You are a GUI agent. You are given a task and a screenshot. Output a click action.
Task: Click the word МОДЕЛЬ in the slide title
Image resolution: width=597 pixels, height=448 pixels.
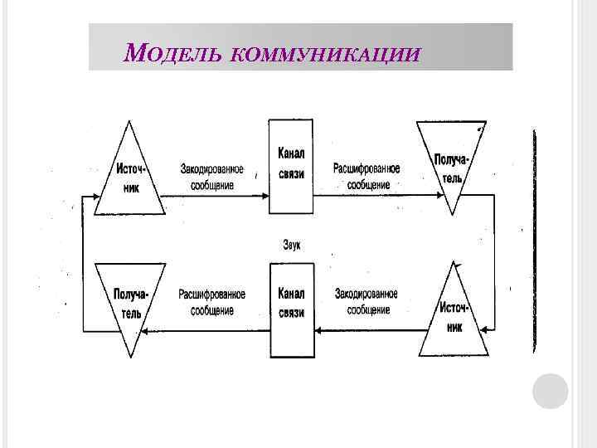[x=171, y=55]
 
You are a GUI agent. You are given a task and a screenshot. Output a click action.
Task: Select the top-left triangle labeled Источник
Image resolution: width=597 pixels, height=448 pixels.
[x=128, y=174]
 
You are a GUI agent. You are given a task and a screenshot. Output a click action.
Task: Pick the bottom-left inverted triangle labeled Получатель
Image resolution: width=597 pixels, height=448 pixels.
[x=128, y=303]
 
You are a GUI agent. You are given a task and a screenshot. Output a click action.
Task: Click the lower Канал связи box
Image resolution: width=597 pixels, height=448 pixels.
[x=290, y=309]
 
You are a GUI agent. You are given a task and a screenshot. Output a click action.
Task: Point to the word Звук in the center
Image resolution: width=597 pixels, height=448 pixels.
[x=291, y=245]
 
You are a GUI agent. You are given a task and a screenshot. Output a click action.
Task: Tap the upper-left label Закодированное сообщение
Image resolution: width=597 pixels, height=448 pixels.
[x=212, y=177]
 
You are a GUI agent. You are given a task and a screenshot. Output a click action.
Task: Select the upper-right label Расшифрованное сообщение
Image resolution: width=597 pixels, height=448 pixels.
[x=367, y=177]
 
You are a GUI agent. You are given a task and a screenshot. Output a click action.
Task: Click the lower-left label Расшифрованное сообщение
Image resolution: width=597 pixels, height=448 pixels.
[x=211, y=302]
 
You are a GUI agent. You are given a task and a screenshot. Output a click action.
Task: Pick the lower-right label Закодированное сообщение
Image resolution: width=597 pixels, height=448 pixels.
[x=366, y=302]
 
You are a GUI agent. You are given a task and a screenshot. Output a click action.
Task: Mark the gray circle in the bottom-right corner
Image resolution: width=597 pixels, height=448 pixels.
[x=550, y=391]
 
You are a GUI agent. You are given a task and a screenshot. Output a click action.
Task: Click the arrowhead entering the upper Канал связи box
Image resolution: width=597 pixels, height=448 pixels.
[x=264, y=195]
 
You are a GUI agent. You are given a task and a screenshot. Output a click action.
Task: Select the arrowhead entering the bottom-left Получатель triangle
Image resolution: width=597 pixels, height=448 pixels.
[x=144, y=329]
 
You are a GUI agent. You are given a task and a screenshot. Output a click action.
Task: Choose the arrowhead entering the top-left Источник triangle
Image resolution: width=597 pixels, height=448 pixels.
[x=93, y=199]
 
